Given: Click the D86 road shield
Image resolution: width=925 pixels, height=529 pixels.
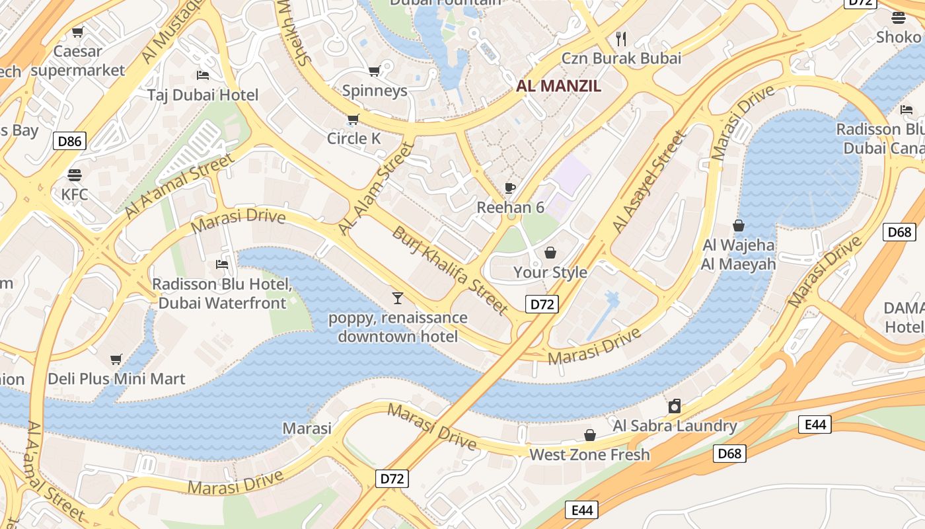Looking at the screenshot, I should click(69, 140).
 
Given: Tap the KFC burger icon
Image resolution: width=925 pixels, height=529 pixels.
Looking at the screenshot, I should click(74, 175).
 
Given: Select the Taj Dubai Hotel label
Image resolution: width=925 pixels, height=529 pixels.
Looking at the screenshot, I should click(203, 95).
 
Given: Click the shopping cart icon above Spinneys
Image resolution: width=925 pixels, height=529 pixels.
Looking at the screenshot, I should click(374, 71).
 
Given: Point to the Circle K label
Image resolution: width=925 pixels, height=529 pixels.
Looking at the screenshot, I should click(354, 138).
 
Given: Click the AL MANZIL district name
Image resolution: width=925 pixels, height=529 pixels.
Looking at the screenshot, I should click(558, 85).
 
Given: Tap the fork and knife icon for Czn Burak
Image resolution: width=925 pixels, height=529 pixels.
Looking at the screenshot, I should click(620, 38).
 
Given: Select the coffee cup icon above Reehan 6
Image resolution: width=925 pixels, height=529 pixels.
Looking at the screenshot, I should click(509, 188).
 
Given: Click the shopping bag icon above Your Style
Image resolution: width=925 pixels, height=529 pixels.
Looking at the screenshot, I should click(550, 253).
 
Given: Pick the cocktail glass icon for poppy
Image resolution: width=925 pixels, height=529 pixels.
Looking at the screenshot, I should click(397, 298).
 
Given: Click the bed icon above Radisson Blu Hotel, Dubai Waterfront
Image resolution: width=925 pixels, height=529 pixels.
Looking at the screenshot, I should click(222, 264).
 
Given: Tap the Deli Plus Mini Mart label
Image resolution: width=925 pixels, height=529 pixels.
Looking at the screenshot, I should click(116, 379).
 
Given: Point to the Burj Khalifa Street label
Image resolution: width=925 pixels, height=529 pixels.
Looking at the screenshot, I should click(450, 270).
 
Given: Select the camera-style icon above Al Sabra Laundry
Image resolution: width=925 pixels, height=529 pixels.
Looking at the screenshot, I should click(674, 406).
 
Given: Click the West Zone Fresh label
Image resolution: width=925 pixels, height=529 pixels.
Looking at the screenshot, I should click(589, 454).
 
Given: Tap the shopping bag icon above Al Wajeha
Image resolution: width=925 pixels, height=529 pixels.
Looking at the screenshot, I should click(739, 225).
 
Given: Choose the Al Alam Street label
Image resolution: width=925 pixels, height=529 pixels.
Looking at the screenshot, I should click(375, 188).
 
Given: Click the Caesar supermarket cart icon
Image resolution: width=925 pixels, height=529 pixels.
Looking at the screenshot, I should click(78, 32).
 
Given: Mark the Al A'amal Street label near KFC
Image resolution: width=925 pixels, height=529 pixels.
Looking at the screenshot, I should click(180, 186).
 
